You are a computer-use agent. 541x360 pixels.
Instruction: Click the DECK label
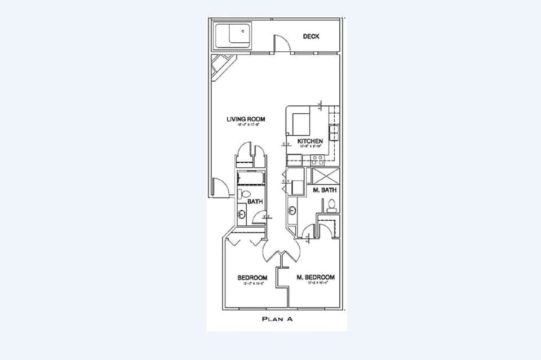coord(311,37)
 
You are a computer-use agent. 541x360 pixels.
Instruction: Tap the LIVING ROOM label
coord(246,119)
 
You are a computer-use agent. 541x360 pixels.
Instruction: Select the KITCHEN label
coord(310,141)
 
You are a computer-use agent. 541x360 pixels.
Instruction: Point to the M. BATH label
coord(325,190)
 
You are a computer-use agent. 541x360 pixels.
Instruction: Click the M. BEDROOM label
coord(316,277)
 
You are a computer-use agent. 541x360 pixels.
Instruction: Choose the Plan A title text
coord(276,319)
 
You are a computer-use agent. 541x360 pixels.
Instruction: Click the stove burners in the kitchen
coord(333,132)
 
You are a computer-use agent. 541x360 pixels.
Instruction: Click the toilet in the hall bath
coord(241,194)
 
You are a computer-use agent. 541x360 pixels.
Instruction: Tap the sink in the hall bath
coord(242,214)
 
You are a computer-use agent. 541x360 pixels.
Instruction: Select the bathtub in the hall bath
coord(250,179)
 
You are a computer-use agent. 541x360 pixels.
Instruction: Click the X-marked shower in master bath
coord(326,175)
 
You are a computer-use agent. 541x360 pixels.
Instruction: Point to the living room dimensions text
coord(246,126)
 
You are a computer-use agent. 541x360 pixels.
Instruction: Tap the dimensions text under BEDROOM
coord(251,283)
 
